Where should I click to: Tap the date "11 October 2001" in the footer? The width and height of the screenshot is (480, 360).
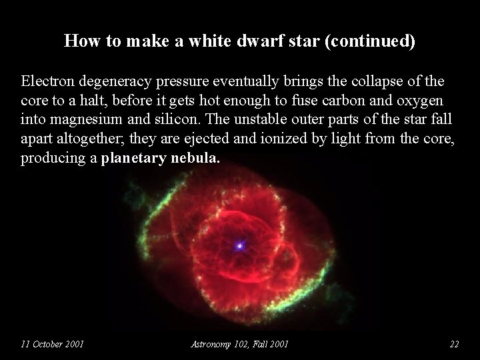[x=52, y=344]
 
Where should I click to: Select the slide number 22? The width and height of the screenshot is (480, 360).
[x=454, y=344]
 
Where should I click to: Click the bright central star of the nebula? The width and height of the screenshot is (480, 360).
[x=239, y=246]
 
